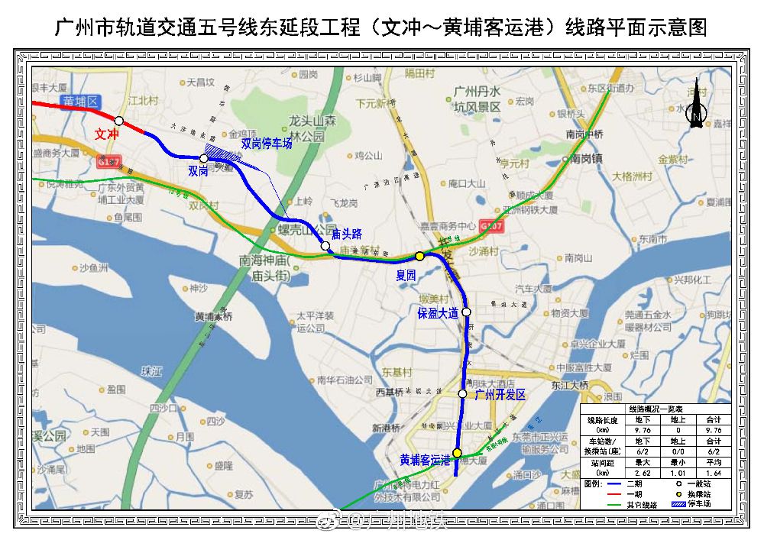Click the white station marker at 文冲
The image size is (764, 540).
(119, 121)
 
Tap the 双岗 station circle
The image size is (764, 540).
(204, 158)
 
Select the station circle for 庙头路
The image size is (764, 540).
(325, 246)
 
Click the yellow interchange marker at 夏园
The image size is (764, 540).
(419, 256)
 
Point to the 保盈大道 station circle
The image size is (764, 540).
(467, 312)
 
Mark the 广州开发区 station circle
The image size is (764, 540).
(462, 393)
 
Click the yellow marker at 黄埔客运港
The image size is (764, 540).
(457, 453)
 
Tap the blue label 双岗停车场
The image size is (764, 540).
(267, 143)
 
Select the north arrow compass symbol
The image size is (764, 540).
(696, 107)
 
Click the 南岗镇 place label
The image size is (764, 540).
(587, 159)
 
